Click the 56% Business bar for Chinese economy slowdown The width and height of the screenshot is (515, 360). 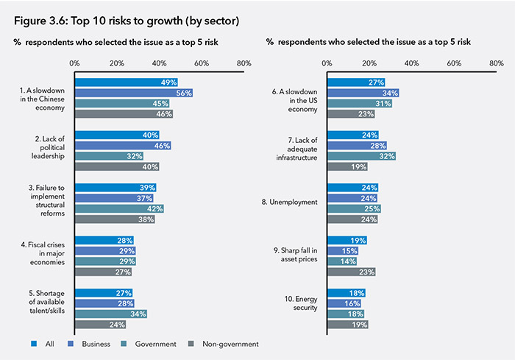click(x=133, y=93)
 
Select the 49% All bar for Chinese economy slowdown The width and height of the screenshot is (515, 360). click(x=126, y=82)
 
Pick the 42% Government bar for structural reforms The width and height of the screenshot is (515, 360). click(x=118, y=209)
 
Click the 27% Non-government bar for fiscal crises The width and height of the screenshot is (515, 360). click(x=103, y=272)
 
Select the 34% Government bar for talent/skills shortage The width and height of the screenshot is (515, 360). click(x=110, y=314)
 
